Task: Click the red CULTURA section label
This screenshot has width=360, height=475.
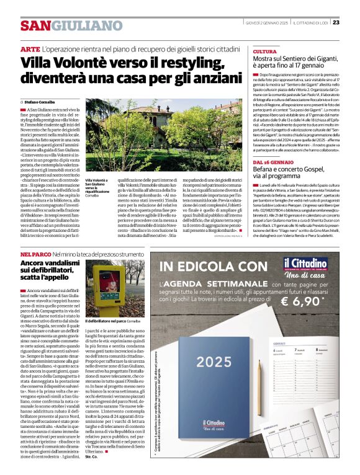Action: click(265, 52)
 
